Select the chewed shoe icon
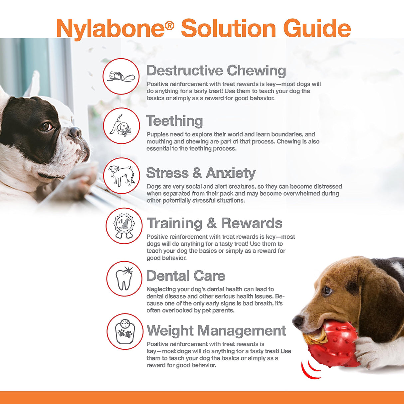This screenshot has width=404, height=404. tap(121, 76)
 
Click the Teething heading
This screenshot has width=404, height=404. tap(174, 121)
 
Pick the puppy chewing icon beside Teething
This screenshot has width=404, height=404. tap(121, 126)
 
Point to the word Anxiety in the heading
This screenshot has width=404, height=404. tap(231, 173)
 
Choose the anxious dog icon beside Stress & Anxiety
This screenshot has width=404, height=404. tap(121, 176)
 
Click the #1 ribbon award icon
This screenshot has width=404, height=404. tap(124, 226)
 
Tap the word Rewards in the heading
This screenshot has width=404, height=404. tap(252, 223)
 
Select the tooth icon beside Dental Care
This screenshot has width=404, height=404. tap(124, 279)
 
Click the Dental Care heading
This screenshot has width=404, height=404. tap(186, 276)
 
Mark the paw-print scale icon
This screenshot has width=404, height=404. tap(124, 331)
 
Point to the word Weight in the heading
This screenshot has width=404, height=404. tap(170, 331)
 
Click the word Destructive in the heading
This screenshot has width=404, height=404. tap(184, 71)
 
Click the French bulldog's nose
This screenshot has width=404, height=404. tap(75, 132)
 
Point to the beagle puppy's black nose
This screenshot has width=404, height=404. tap(298, 321)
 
